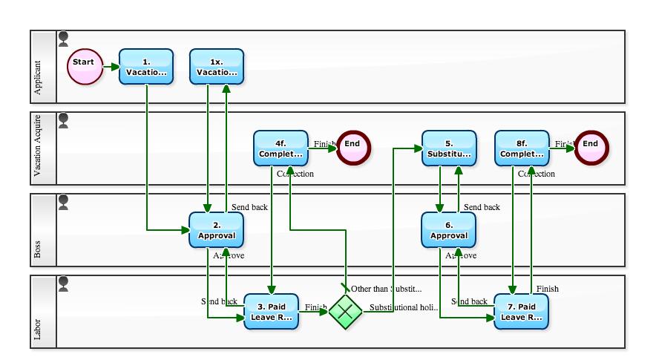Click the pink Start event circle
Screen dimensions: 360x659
point(85,67)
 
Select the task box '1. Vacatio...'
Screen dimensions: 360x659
point(146,67)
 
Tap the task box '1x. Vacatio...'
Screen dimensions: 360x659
point(217,67)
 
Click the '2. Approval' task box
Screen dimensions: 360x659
point(216,229)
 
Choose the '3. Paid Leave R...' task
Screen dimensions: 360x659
point(271,312)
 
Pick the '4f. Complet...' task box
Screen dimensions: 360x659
point(281,148)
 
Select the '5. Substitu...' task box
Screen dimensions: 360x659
point(449,148)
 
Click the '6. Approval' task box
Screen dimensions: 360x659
point(448,229)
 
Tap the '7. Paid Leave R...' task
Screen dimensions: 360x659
point(521,312)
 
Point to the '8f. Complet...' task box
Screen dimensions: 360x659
point(522,148)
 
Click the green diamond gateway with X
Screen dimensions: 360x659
point(345,312)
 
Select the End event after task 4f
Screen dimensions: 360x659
point(353,148)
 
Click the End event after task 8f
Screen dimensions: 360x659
point(590,148)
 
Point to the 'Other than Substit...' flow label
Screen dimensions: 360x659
point(386,289)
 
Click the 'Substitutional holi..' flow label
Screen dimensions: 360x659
point(404,307)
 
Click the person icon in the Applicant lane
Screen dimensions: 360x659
point(64,38)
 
